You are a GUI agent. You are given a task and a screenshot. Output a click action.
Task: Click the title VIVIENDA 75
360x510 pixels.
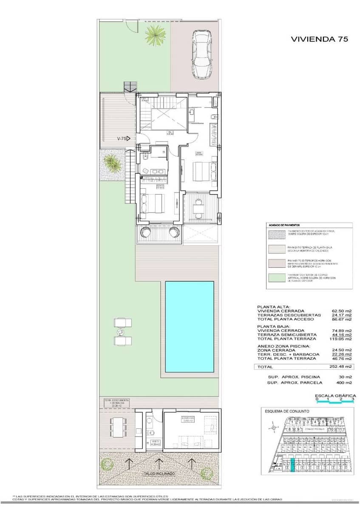pos(320,39)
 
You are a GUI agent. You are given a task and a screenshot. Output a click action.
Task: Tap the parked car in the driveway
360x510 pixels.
pos(201,54)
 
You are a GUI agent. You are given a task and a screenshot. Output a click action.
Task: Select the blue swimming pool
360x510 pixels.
pos(189,327)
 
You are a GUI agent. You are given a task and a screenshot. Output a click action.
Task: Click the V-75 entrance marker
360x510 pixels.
pos(123,139)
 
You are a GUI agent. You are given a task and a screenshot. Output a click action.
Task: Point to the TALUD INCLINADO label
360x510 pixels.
pos(159,473)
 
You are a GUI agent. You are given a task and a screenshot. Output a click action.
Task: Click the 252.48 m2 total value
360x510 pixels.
pos(342,366)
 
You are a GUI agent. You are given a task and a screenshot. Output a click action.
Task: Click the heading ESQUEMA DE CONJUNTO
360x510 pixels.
pos(286,411)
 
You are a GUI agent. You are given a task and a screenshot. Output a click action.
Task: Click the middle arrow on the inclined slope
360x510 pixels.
pos(159,462)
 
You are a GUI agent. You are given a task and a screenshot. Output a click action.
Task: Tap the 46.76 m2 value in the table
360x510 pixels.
pos(342,358)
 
